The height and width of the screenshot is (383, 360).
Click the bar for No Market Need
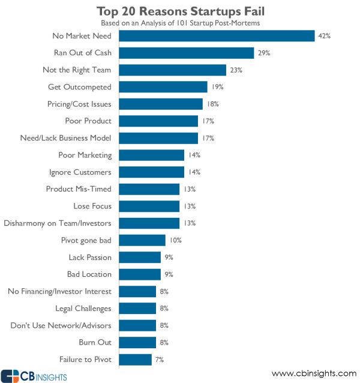click(217, 36)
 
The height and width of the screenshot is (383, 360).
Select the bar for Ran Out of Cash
click(187, 53)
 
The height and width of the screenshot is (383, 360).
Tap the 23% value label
click(236, 70)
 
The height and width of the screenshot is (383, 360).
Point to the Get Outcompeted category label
click(79, 87)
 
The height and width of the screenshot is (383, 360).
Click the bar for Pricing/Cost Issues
click(161, 104)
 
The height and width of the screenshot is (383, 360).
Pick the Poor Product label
click(88, 121)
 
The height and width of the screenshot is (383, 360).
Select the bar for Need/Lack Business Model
click(158, 138)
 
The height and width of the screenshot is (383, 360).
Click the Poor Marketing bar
click(152, 155)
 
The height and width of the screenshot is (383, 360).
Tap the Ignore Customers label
click(80, 172)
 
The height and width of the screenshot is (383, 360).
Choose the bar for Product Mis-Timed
click(149, 189)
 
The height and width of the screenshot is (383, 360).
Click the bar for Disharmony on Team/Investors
click(149, 223)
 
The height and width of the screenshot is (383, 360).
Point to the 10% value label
click(175, 240)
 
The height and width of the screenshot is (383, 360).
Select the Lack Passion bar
click(140, 257)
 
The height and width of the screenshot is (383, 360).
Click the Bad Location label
click(89, 274)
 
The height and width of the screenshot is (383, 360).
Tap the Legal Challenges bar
click(137, 309)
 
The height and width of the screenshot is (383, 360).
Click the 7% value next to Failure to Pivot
click(159, 360)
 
